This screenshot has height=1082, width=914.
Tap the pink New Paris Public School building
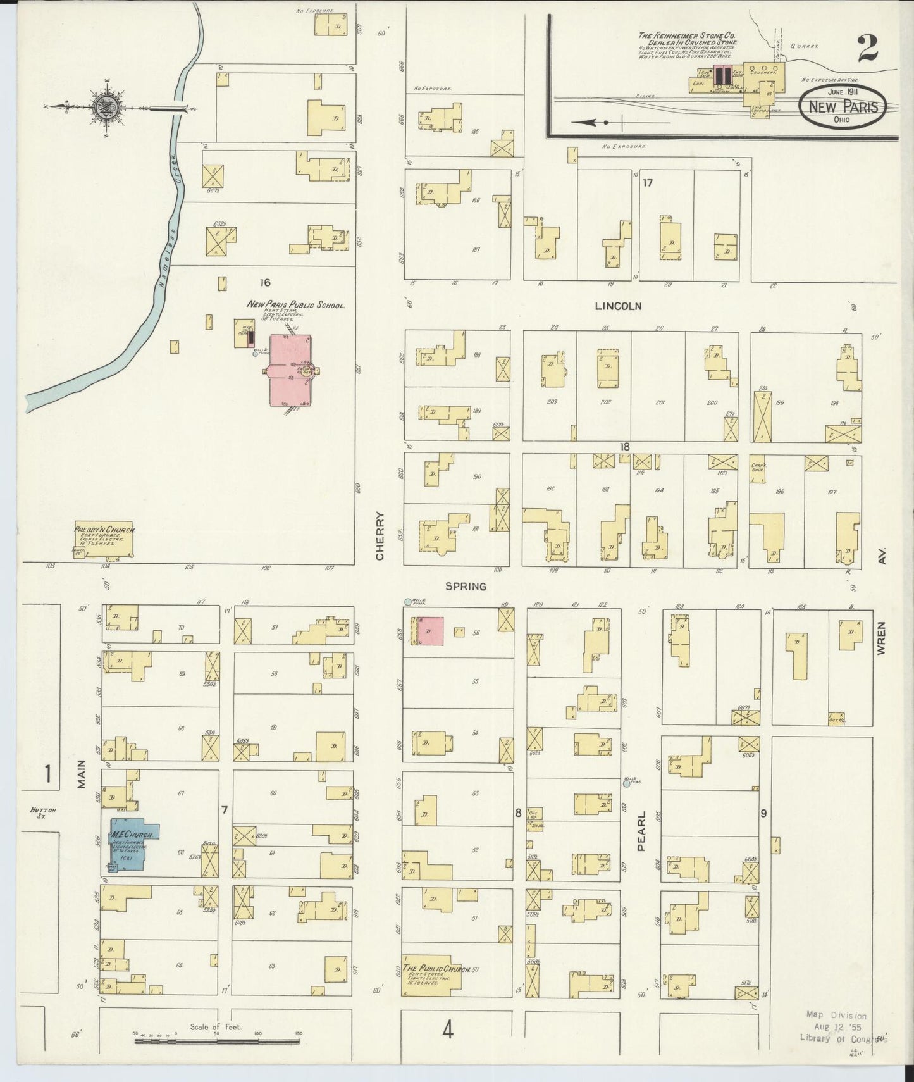(x=290, y=370)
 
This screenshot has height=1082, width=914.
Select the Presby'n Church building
(x=104, y=544)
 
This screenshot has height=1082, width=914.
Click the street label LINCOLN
(x=618, y=306)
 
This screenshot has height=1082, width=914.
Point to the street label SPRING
(x=466, y=587)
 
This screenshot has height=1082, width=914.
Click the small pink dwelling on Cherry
(x=429, y=631)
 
